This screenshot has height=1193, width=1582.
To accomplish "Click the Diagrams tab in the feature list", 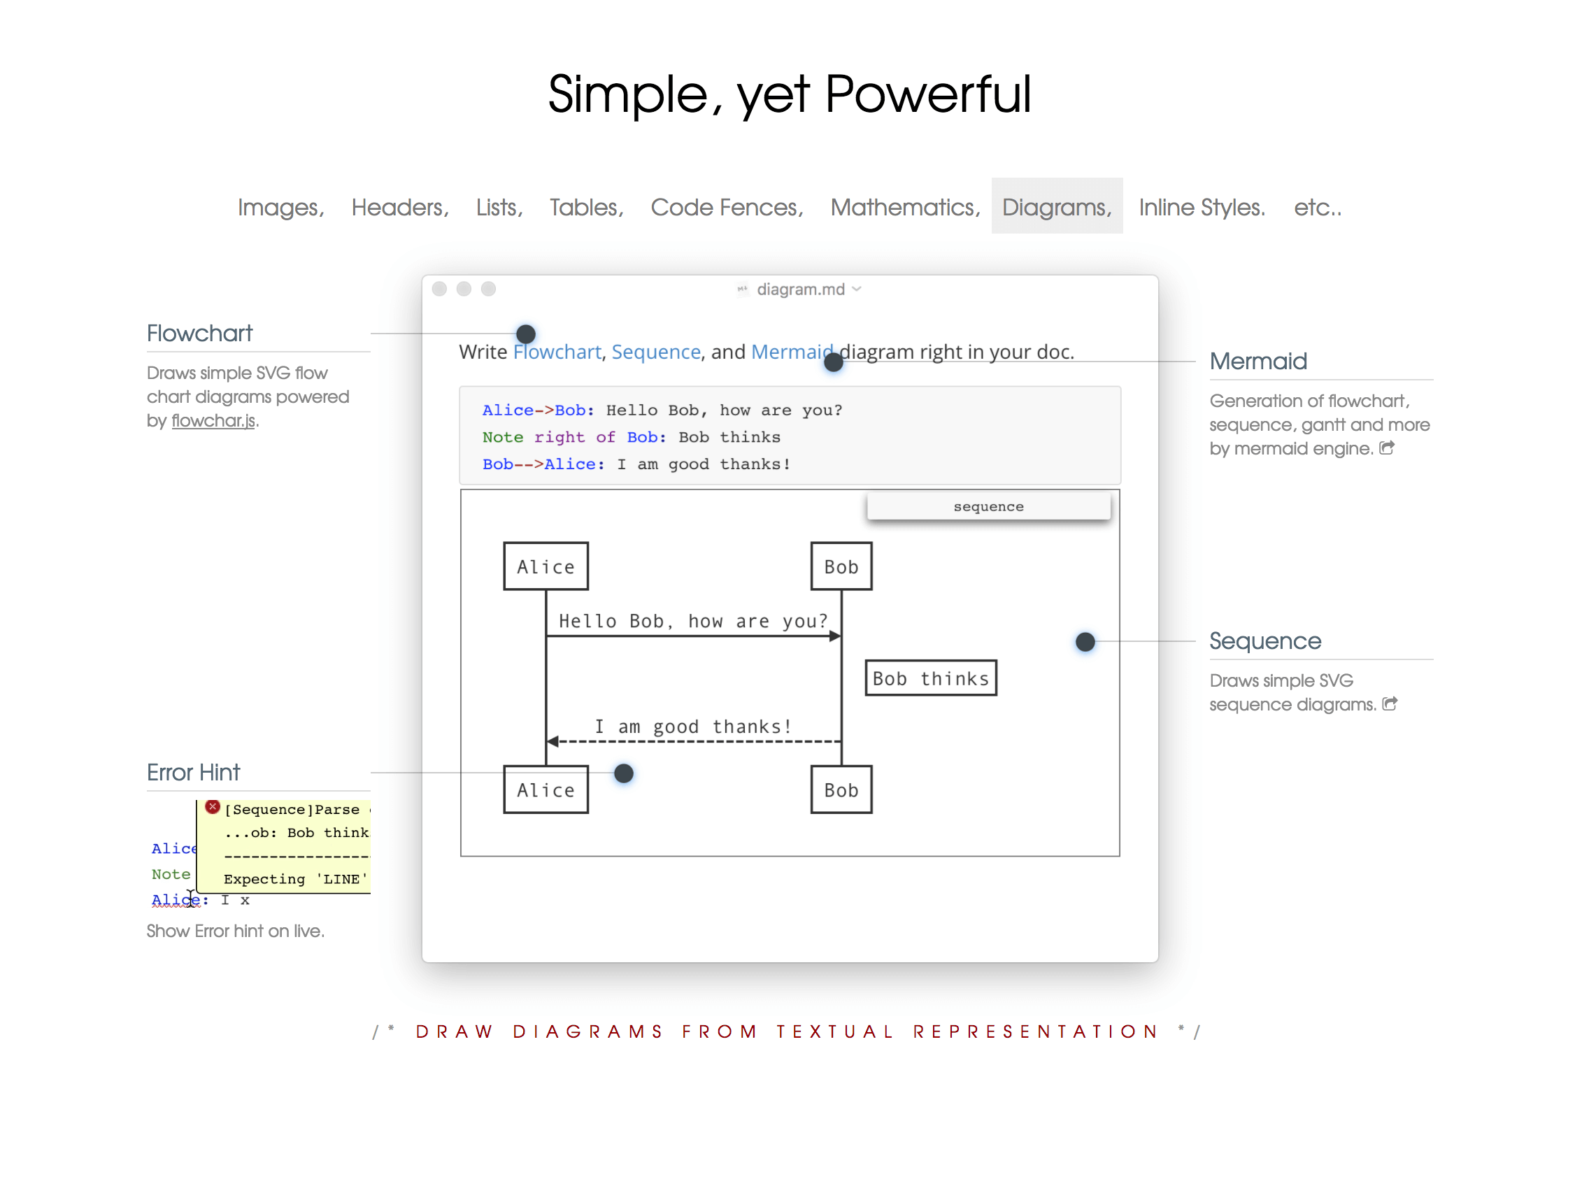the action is coord(1056,207).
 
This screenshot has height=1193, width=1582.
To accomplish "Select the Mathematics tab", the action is coord(905,208).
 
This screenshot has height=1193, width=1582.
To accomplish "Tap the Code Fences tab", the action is coord(727,208).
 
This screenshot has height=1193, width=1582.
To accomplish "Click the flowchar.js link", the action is coord(213,420).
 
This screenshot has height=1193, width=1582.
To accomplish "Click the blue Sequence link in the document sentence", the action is coord(656,352).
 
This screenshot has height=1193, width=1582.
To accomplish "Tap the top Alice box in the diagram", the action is coord(546,566).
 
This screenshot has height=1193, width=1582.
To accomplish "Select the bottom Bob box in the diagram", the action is coord(841,790).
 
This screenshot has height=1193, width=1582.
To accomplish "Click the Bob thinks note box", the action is coord(930,678).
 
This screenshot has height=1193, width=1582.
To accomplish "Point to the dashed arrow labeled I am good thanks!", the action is coord(694,742).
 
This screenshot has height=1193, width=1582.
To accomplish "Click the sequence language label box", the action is coord(988,506).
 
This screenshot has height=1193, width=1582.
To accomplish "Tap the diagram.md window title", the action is coord(800,289).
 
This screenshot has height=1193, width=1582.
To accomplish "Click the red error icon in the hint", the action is coord(213,807).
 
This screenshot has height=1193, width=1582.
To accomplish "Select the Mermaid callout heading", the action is coord(1258,362).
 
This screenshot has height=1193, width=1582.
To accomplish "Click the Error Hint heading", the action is coord(193,773).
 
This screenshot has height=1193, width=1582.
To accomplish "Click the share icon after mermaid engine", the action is coord(1387,448).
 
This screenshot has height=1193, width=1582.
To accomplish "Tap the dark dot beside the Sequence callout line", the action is coord(1085,641).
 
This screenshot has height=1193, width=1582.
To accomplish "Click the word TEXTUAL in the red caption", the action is coord(834,1031).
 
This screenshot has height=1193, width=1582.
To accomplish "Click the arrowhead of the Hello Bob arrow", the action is coord(835,636).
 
